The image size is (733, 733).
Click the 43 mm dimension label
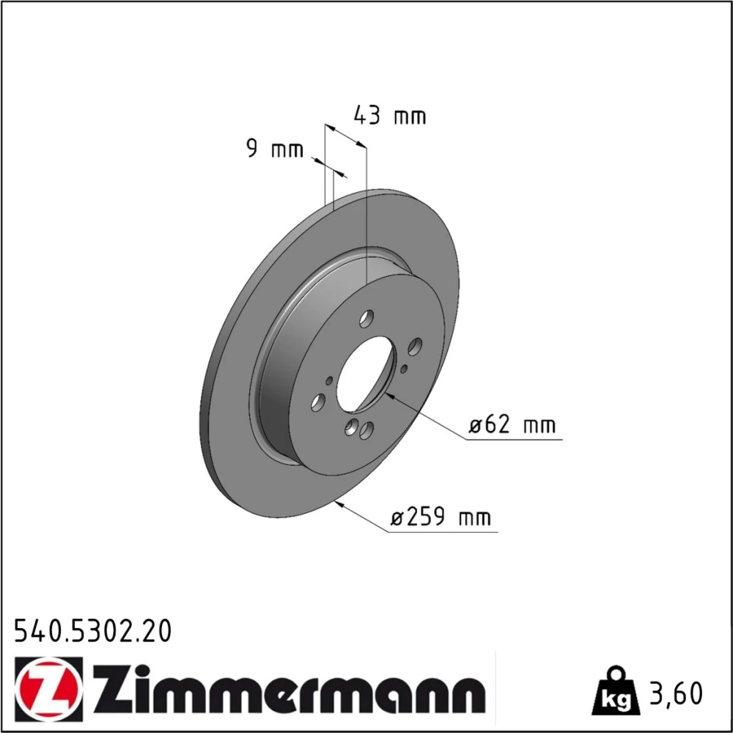(x=390, y=116)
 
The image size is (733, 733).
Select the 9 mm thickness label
(x=275, y=149)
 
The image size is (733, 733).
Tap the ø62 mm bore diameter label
(x=512, y=425)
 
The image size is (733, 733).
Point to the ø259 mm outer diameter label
(x=441, y=517)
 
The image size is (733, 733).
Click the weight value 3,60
(x=676, y=693)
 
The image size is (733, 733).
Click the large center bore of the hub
(x=366, y=375)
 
